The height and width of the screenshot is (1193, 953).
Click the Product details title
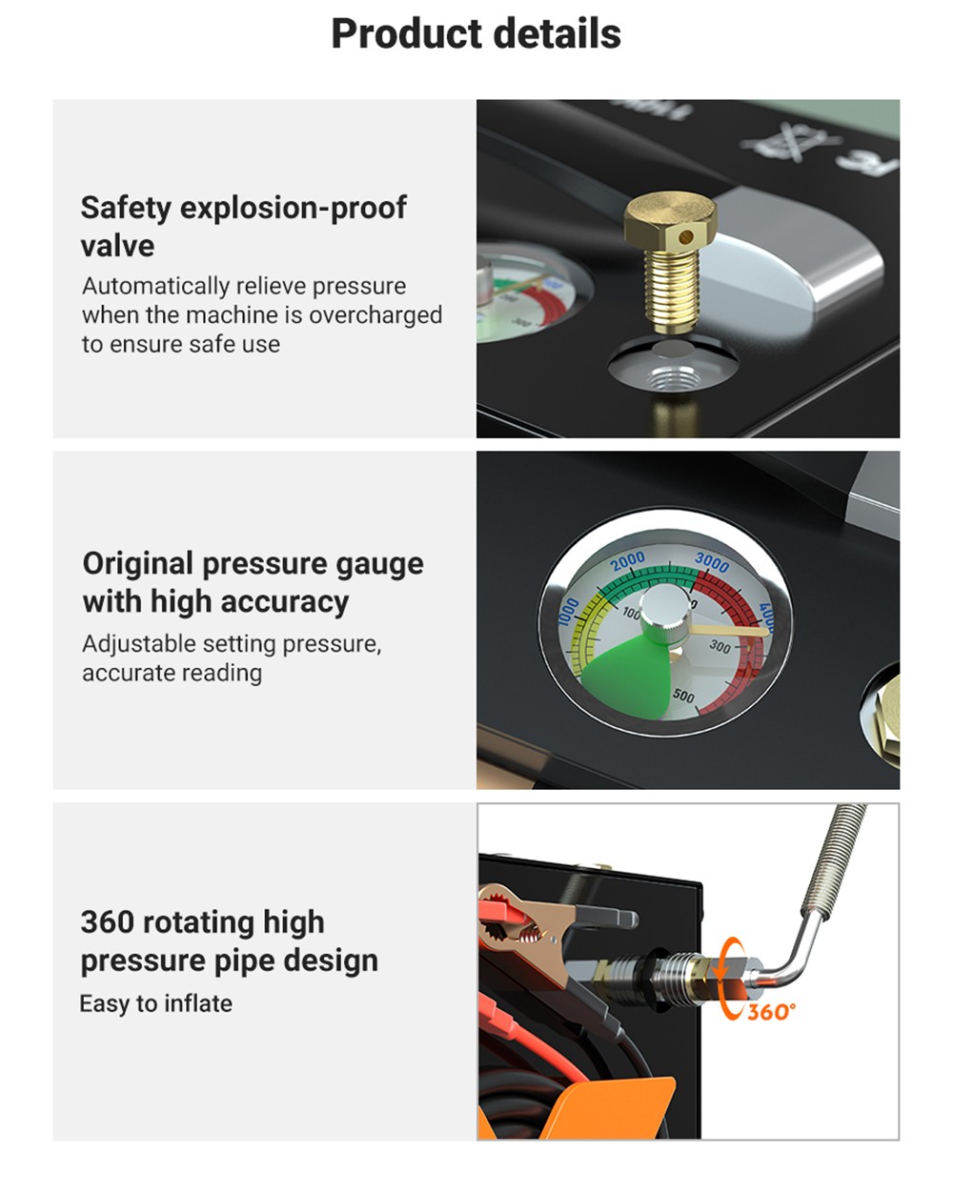476,34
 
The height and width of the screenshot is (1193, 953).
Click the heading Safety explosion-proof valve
243,226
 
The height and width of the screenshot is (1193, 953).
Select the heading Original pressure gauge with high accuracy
253,582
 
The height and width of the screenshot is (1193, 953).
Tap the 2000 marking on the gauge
628,562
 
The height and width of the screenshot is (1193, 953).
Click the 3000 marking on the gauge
712,561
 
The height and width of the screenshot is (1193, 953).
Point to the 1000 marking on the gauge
568,612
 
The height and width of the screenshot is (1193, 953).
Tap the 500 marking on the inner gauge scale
683,696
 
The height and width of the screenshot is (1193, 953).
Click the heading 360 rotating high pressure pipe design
229,941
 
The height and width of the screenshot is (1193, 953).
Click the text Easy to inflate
156,1003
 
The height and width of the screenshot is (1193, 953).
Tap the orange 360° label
770,1012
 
